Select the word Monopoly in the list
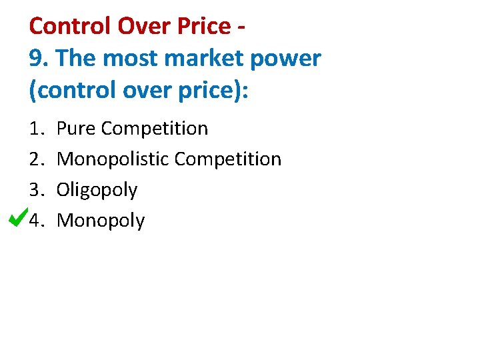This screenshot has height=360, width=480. click(101, 221)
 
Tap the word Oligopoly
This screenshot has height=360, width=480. click(97, 190)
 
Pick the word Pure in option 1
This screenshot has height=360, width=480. click(76, 128)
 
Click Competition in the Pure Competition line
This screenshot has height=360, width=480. click(155, 128)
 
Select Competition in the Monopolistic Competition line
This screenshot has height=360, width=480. click(228, 159)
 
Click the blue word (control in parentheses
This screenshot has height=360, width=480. click(69, 90)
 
